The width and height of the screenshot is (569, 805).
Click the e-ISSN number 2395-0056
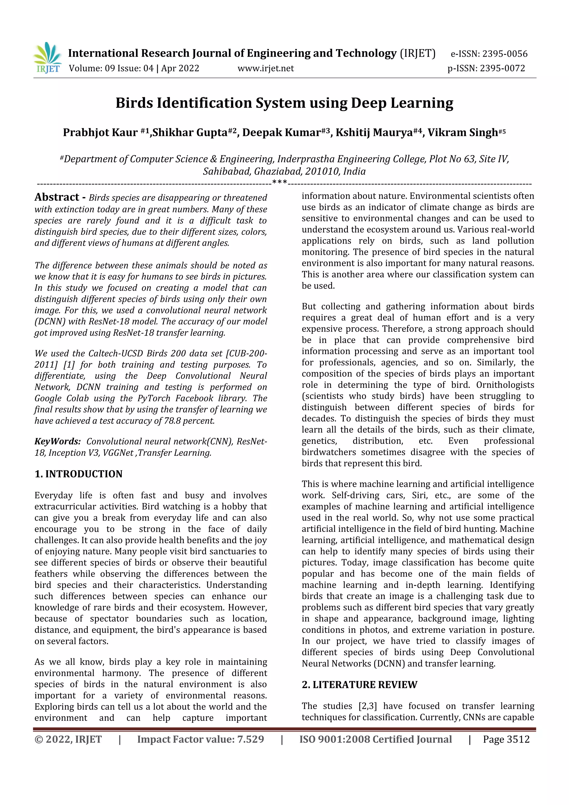pos(505,54)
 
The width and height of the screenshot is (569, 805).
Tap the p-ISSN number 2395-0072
pos(502,68)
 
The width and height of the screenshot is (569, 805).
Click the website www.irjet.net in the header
pos(265,68)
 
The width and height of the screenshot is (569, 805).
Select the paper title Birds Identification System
pos(284,103)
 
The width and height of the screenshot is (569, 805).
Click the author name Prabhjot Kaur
pos(100,133)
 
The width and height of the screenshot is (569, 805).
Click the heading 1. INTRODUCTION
pos(79,474)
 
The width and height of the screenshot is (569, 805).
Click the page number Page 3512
pos(506,739)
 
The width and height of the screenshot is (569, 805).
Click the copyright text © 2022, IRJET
pos(68,739)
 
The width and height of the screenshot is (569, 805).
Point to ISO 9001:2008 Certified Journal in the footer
pos(375,739)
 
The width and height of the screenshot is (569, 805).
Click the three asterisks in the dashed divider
pos(279,182)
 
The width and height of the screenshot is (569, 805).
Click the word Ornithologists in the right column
pos(505,385)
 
